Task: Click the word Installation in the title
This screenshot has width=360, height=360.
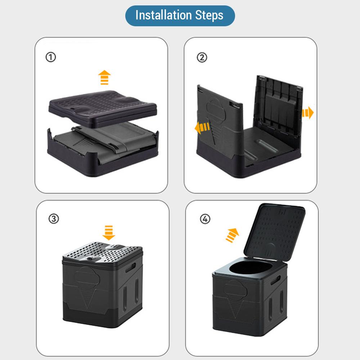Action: click(163, 15)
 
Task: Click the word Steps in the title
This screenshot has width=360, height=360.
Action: click(209, 15)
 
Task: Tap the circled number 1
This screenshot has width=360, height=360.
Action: click(51, 57)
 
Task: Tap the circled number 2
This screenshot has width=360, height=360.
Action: click(202, 57)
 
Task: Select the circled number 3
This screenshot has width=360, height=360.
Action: click(54, 219)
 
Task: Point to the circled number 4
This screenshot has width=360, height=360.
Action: click(205, 219)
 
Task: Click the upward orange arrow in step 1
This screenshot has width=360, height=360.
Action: click(104, 77)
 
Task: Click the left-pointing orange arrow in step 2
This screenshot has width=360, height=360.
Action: click(202, 128)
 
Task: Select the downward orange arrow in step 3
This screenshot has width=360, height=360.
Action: click(109, 233)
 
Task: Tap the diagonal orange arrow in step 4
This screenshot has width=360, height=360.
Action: click(232, 235)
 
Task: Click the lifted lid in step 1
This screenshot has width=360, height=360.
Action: click(103, 108)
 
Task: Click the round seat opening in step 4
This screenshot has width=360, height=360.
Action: click(251, 268)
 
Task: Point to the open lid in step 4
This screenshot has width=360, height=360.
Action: click(274, 232)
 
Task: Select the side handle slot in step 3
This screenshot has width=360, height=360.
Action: click(131, 267)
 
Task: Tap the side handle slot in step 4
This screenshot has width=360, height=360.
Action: click(275, 280)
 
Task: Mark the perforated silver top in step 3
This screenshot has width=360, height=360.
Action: click(103, 252)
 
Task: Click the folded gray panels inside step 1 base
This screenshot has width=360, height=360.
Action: click(105, 141)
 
